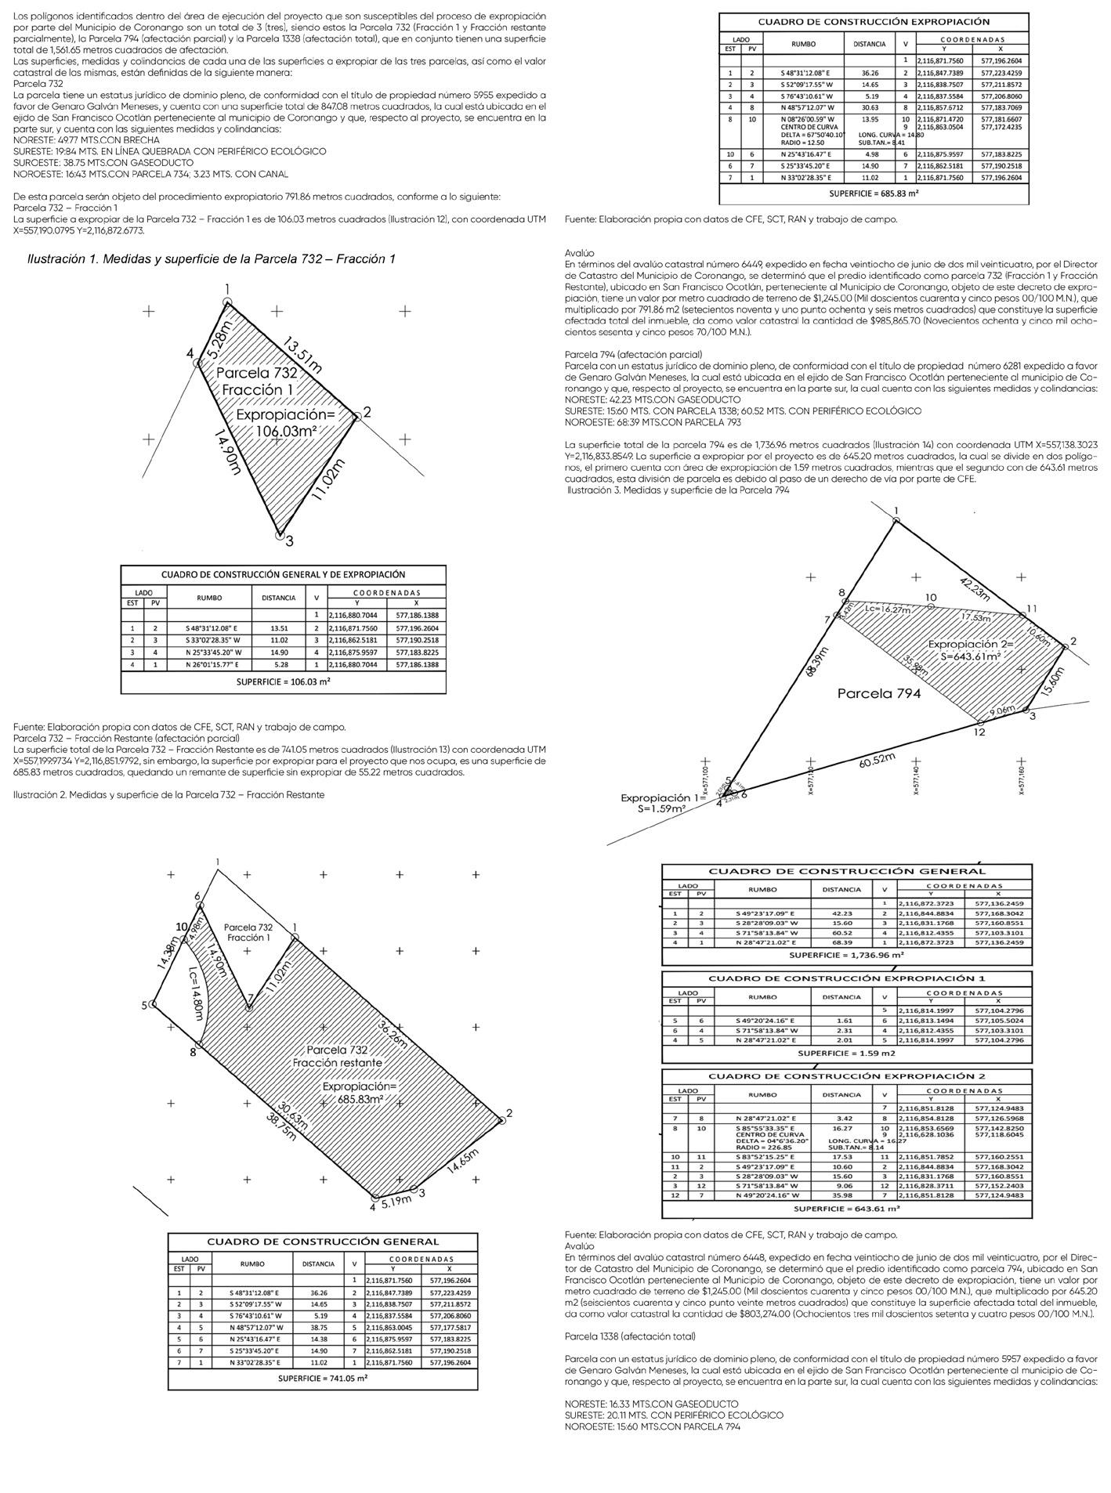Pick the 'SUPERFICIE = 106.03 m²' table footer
tap(283, 682)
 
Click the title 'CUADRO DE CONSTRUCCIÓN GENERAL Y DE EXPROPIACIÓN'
tap(283, 574)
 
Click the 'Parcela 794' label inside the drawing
tap(878, 693)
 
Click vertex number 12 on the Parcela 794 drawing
tap(979, 732)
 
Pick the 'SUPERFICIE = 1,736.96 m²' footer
tap(846, 956)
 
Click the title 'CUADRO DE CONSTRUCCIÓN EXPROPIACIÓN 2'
tap(846, 1075)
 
